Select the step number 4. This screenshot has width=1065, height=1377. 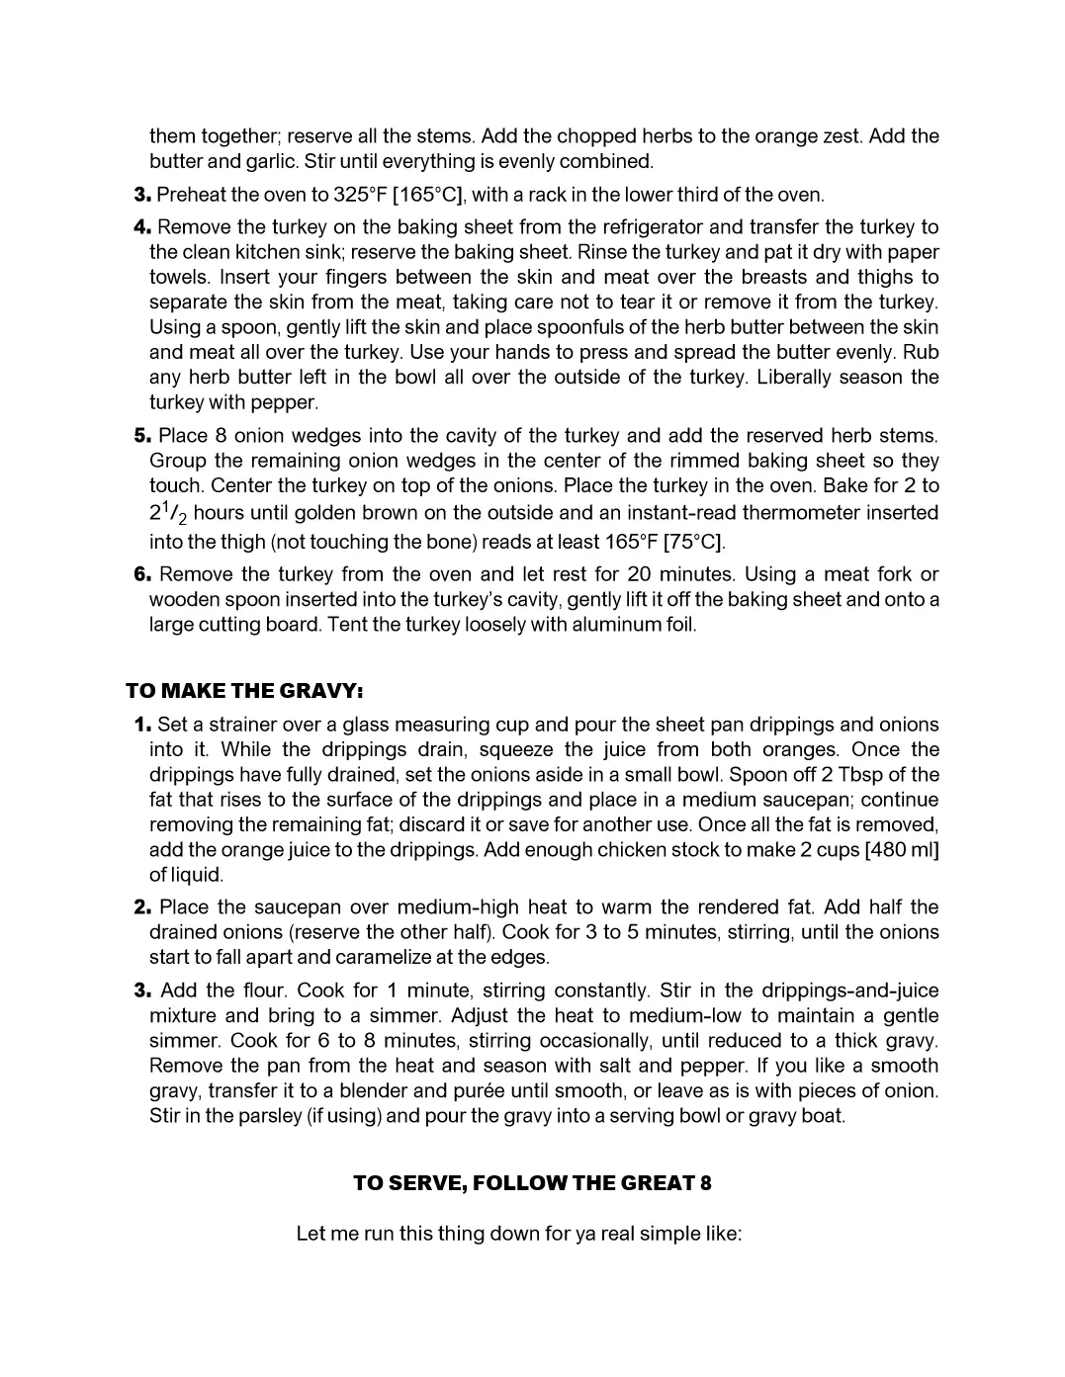pyautogui.click(x=141, y=227)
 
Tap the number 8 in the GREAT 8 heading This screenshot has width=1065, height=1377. pyautogui.click(x=705, y=1183)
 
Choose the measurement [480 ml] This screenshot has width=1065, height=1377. pyautogui.click(x=901, y=850)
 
